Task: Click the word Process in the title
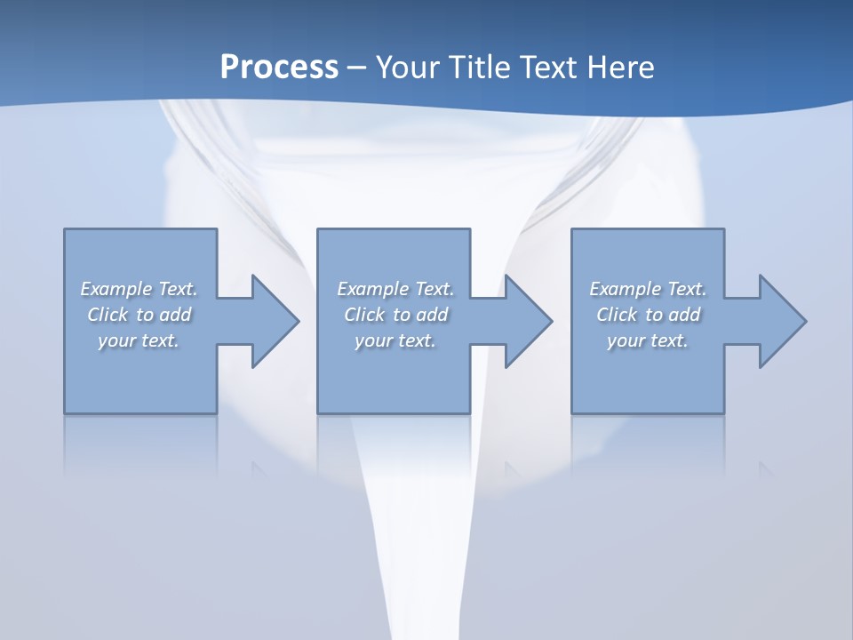point(279,68)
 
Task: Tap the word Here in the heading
point(619,68)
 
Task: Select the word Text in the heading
point(551,68)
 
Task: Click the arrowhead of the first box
point(272,321)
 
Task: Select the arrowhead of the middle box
point(525,321)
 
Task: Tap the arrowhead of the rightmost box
point(778,321)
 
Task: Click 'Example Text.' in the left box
point(140,289)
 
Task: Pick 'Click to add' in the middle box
point(395,315)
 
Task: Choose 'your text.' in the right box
point(648,340)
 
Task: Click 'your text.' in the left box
point(140,340)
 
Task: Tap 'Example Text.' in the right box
point(648,289)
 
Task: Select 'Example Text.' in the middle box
point(395,289)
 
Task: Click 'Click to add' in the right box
point(648,315)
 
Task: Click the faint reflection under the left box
point(140,440)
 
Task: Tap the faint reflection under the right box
point(648,440)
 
